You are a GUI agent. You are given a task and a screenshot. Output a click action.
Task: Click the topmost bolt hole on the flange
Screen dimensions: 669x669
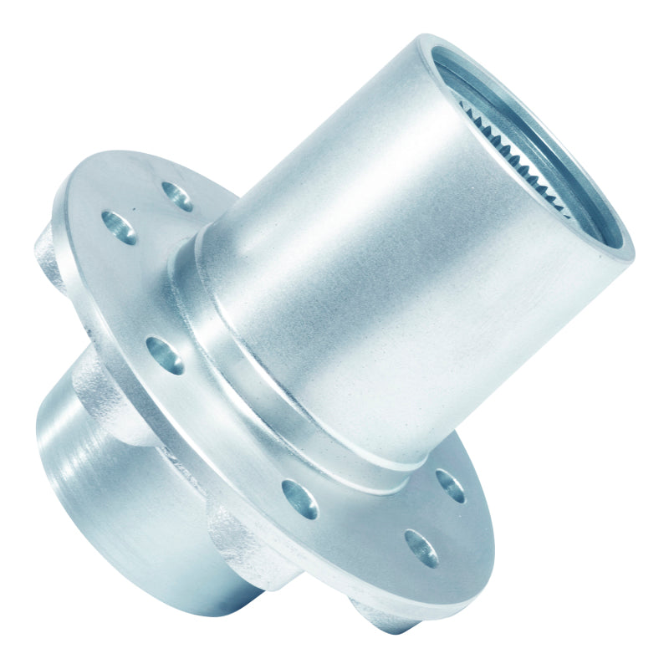coord(177,197)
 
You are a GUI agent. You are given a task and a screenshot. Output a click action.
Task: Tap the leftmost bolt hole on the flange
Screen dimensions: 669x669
coord(119,227)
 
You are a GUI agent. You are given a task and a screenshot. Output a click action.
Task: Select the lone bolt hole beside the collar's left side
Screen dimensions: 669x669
coord(166,355)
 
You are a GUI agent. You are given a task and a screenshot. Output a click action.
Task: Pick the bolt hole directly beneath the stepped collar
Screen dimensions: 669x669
coord(299,499)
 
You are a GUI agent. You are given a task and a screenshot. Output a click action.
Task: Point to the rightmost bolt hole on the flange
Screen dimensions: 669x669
coord(450,485)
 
